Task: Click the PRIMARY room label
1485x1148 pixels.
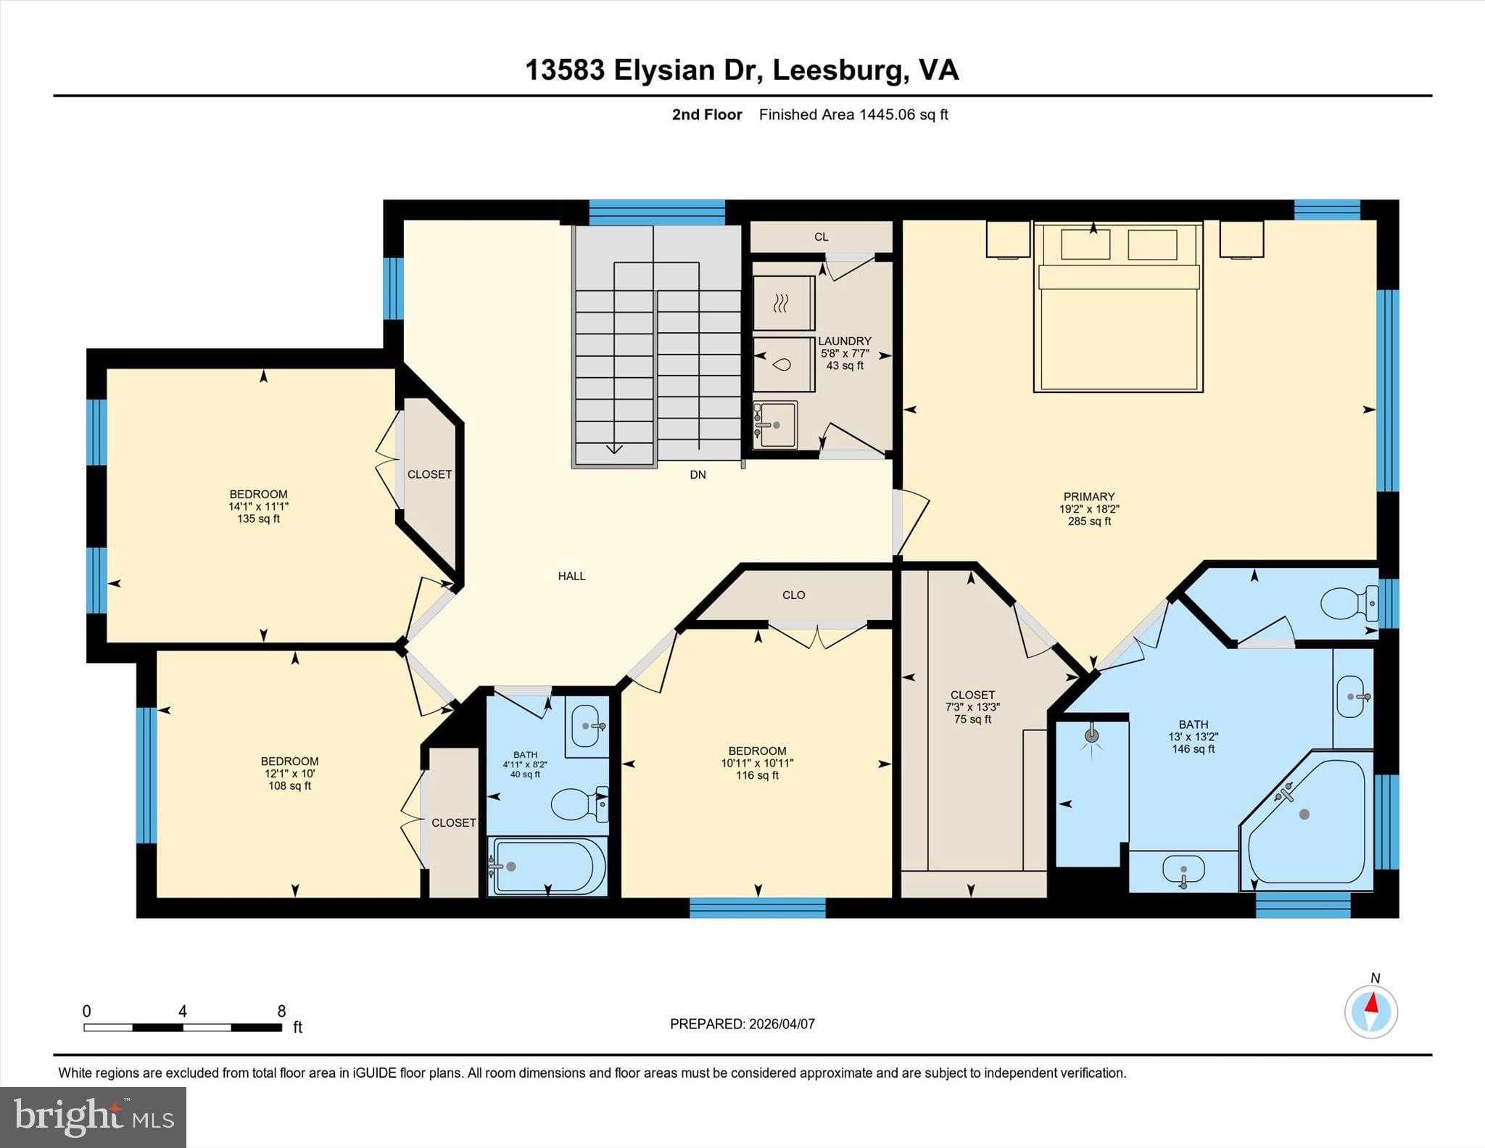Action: (x=1088, y=497)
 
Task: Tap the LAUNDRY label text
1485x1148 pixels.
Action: (x=845, y=341)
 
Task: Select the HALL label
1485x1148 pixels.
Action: (x=571, y=576)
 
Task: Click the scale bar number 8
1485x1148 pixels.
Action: (x=281, y=1011)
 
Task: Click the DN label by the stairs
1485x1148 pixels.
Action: (x=698, y=475)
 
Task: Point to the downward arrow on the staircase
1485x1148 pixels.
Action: (x=614, y=447)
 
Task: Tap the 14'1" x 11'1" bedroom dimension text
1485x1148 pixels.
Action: (x=258, y=507)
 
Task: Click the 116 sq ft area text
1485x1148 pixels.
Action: (x=757, y=775)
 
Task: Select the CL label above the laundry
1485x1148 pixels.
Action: (x=821, y=237)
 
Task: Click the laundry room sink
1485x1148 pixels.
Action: (x=776, y=425)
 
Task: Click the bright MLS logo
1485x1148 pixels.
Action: (x=93, y=1117)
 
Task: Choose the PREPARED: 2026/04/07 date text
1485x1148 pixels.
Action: (x=742, y=1024)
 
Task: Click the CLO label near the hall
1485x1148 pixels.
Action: (x=793, y=595)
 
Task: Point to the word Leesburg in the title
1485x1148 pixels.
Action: (x=838, y=70)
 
